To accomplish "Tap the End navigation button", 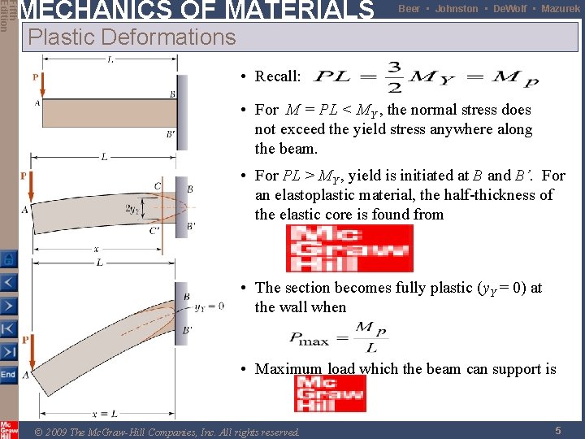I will tap(8, 375).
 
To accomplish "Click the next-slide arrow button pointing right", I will tap(8, 306).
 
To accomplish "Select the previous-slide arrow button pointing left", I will tap(8, 283).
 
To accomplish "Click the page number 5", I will tap(557, 431).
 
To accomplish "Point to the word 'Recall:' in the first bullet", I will tap(278, 76).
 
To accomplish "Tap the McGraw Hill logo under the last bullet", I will tap(330, 393).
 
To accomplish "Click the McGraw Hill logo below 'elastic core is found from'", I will tap(349, 248).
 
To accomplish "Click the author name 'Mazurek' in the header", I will tap(561, 9).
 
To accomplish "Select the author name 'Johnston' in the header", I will tap(456, 9).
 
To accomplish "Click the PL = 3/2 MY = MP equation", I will tap(426, 77).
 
